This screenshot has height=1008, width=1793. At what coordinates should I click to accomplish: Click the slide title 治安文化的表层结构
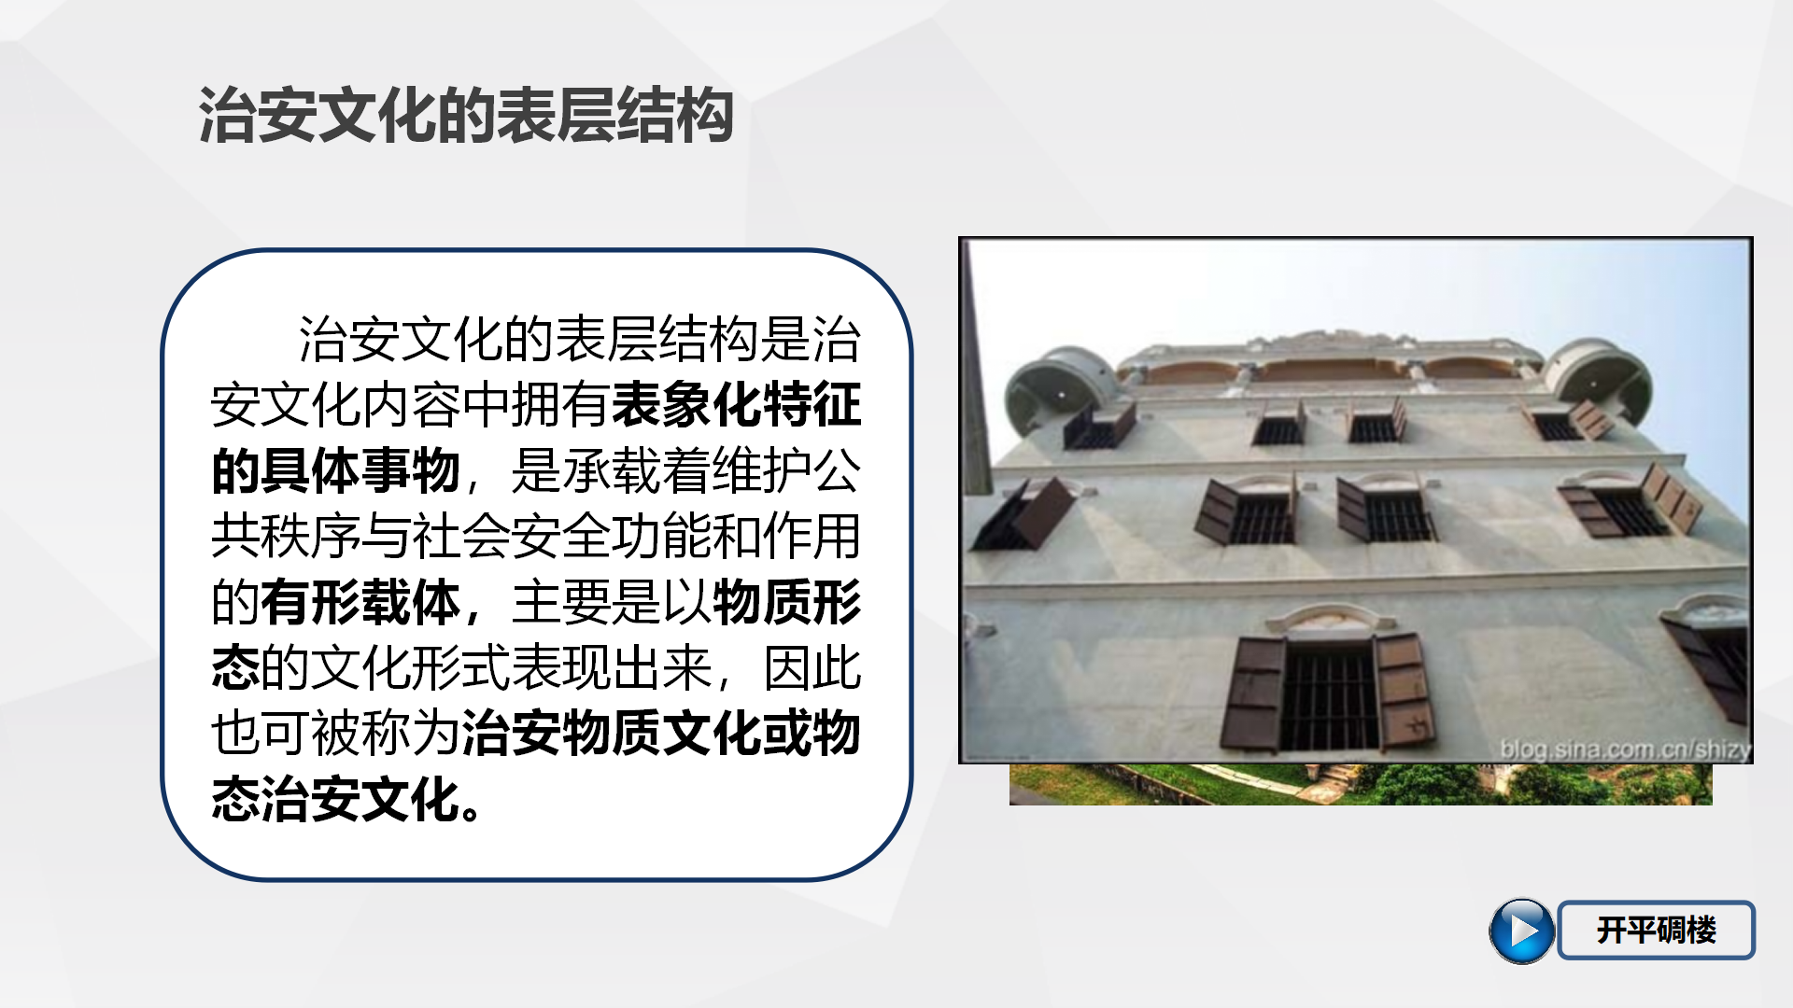465,116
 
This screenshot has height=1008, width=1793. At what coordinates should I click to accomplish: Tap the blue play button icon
1521,931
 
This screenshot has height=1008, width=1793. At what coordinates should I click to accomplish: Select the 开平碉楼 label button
1657,930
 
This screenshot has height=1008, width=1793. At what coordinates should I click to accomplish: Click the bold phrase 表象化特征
737,404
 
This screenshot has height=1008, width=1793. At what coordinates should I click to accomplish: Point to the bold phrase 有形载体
360,602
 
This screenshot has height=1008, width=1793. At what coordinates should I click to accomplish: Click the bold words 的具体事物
335,470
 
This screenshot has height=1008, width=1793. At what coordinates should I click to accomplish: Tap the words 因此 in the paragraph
812,667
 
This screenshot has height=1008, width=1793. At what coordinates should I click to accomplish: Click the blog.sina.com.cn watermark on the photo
1625,749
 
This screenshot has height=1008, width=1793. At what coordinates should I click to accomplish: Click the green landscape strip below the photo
1361,785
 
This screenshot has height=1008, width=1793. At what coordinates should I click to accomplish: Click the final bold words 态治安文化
335,799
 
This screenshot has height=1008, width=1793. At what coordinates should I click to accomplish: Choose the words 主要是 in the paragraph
586,602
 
